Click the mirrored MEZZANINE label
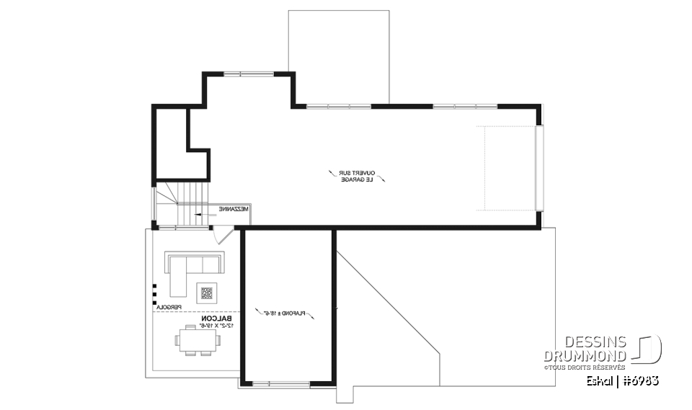click(x=234, y=209)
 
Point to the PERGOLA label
click(x=168, y=308)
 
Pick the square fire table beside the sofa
click(x=208, y=292)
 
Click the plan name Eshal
click(x=602, y=380)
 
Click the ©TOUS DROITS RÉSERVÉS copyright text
click(x=585, y=367)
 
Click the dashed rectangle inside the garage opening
click(x=509, y=169)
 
